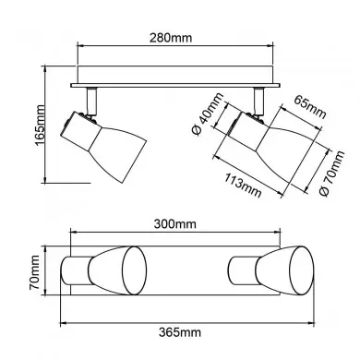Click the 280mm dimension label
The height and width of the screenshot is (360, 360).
pos(171,38)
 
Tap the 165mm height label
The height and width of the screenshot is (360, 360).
pos(40,125)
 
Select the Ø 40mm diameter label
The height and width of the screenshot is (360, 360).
pos(207,114)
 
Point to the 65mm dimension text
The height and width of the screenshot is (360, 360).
pos(309,107)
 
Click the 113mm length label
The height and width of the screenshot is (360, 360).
pos(243,186)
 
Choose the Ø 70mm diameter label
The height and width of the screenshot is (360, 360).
pos(331,174)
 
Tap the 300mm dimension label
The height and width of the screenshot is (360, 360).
pos(174,223)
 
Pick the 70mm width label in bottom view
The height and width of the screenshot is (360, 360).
pos(34,272)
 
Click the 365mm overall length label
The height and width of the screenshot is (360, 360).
pos(180,332)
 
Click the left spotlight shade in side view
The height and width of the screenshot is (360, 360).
pos(117,153)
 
